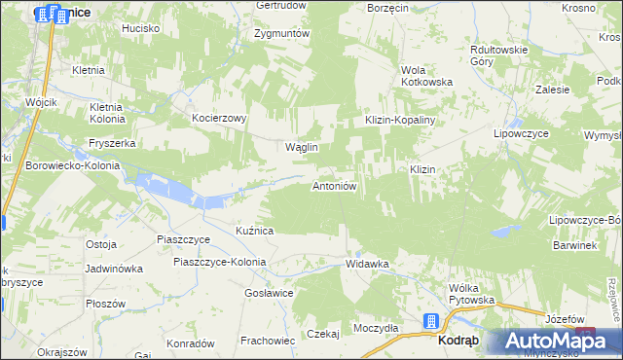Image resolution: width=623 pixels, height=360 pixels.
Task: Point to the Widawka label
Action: pyautogui.click(x=367, y=264)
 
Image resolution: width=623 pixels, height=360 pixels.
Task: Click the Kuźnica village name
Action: pyautogui.click(x=254, y=231)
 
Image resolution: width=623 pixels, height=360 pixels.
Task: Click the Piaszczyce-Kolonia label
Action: pyautogui.click(x=220, y=262)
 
